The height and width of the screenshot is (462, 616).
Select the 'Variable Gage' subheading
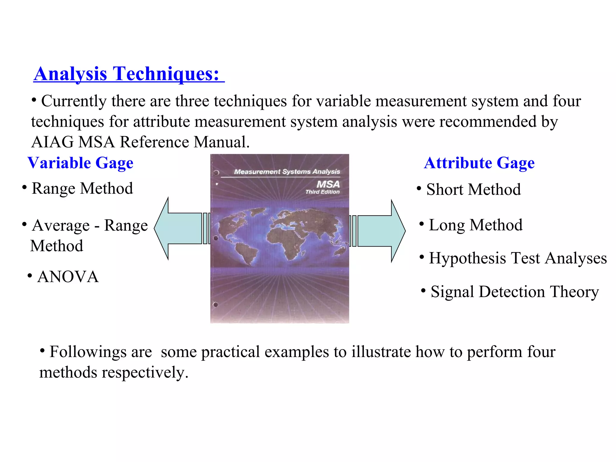point(80,163)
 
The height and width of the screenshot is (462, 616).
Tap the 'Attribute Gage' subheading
point(479,163)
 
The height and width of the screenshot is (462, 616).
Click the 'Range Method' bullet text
point(82,189)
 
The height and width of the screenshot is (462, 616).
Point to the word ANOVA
point(68,277)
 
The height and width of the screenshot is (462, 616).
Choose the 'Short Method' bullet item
point(473,189)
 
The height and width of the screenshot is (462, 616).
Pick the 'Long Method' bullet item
point(475,225)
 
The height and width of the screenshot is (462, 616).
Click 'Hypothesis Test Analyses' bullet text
point(517,258)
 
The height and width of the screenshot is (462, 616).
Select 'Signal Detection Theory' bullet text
point(514,291)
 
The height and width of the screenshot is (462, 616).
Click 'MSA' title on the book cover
point(328,184)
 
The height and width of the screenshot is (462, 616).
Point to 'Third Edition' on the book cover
point(322,192)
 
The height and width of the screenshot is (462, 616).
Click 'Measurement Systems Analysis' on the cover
point(287,172)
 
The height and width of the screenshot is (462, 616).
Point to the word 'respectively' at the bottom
point(144,372)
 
